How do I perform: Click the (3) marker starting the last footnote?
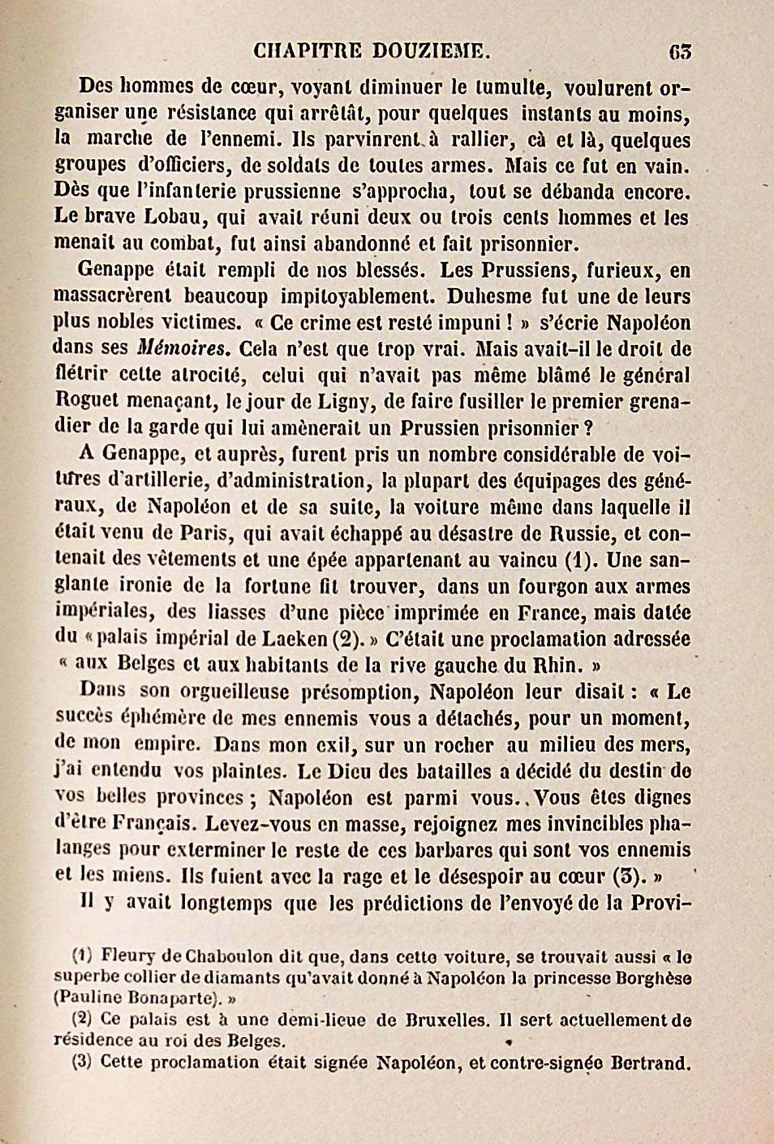pos(82,1063)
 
